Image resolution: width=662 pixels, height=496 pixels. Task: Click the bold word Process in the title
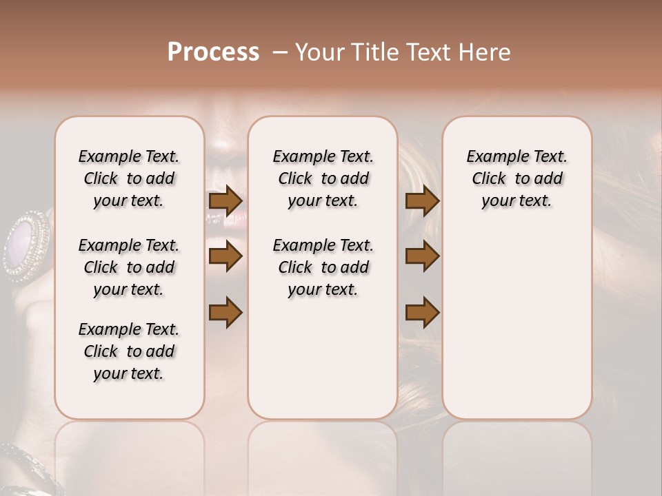point(213,52)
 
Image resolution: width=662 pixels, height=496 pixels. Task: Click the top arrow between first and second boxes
point(225,200)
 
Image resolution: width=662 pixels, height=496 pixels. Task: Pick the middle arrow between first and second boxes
point(225,256)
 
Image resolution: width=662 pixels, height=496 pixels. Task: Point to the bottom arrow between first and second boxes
point(225,312)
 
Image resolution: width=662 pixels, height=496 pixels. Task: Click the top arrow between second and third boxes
point(422,200)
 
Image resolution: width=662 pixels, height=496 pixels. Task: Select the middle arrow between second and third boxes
point(422,256)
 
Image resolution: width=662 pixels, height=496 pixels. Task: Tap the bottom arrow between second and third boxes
point(422,312)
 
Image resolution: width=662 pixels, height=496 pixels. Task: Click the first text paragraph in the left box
point(129,178)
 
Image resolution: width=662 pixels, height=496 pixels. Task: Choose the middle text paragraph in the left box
point(129,267)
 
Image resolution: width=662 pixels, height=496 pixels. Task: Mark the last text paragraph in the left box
point(129,351)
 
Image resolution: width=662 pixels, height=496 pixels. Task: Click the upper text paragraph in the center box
point(323,178)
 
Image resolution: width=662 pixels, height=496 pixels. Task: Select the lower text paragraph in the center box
point(323,267)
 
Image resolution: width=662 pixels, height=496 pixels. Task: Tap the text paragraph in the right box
point(516,178)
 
